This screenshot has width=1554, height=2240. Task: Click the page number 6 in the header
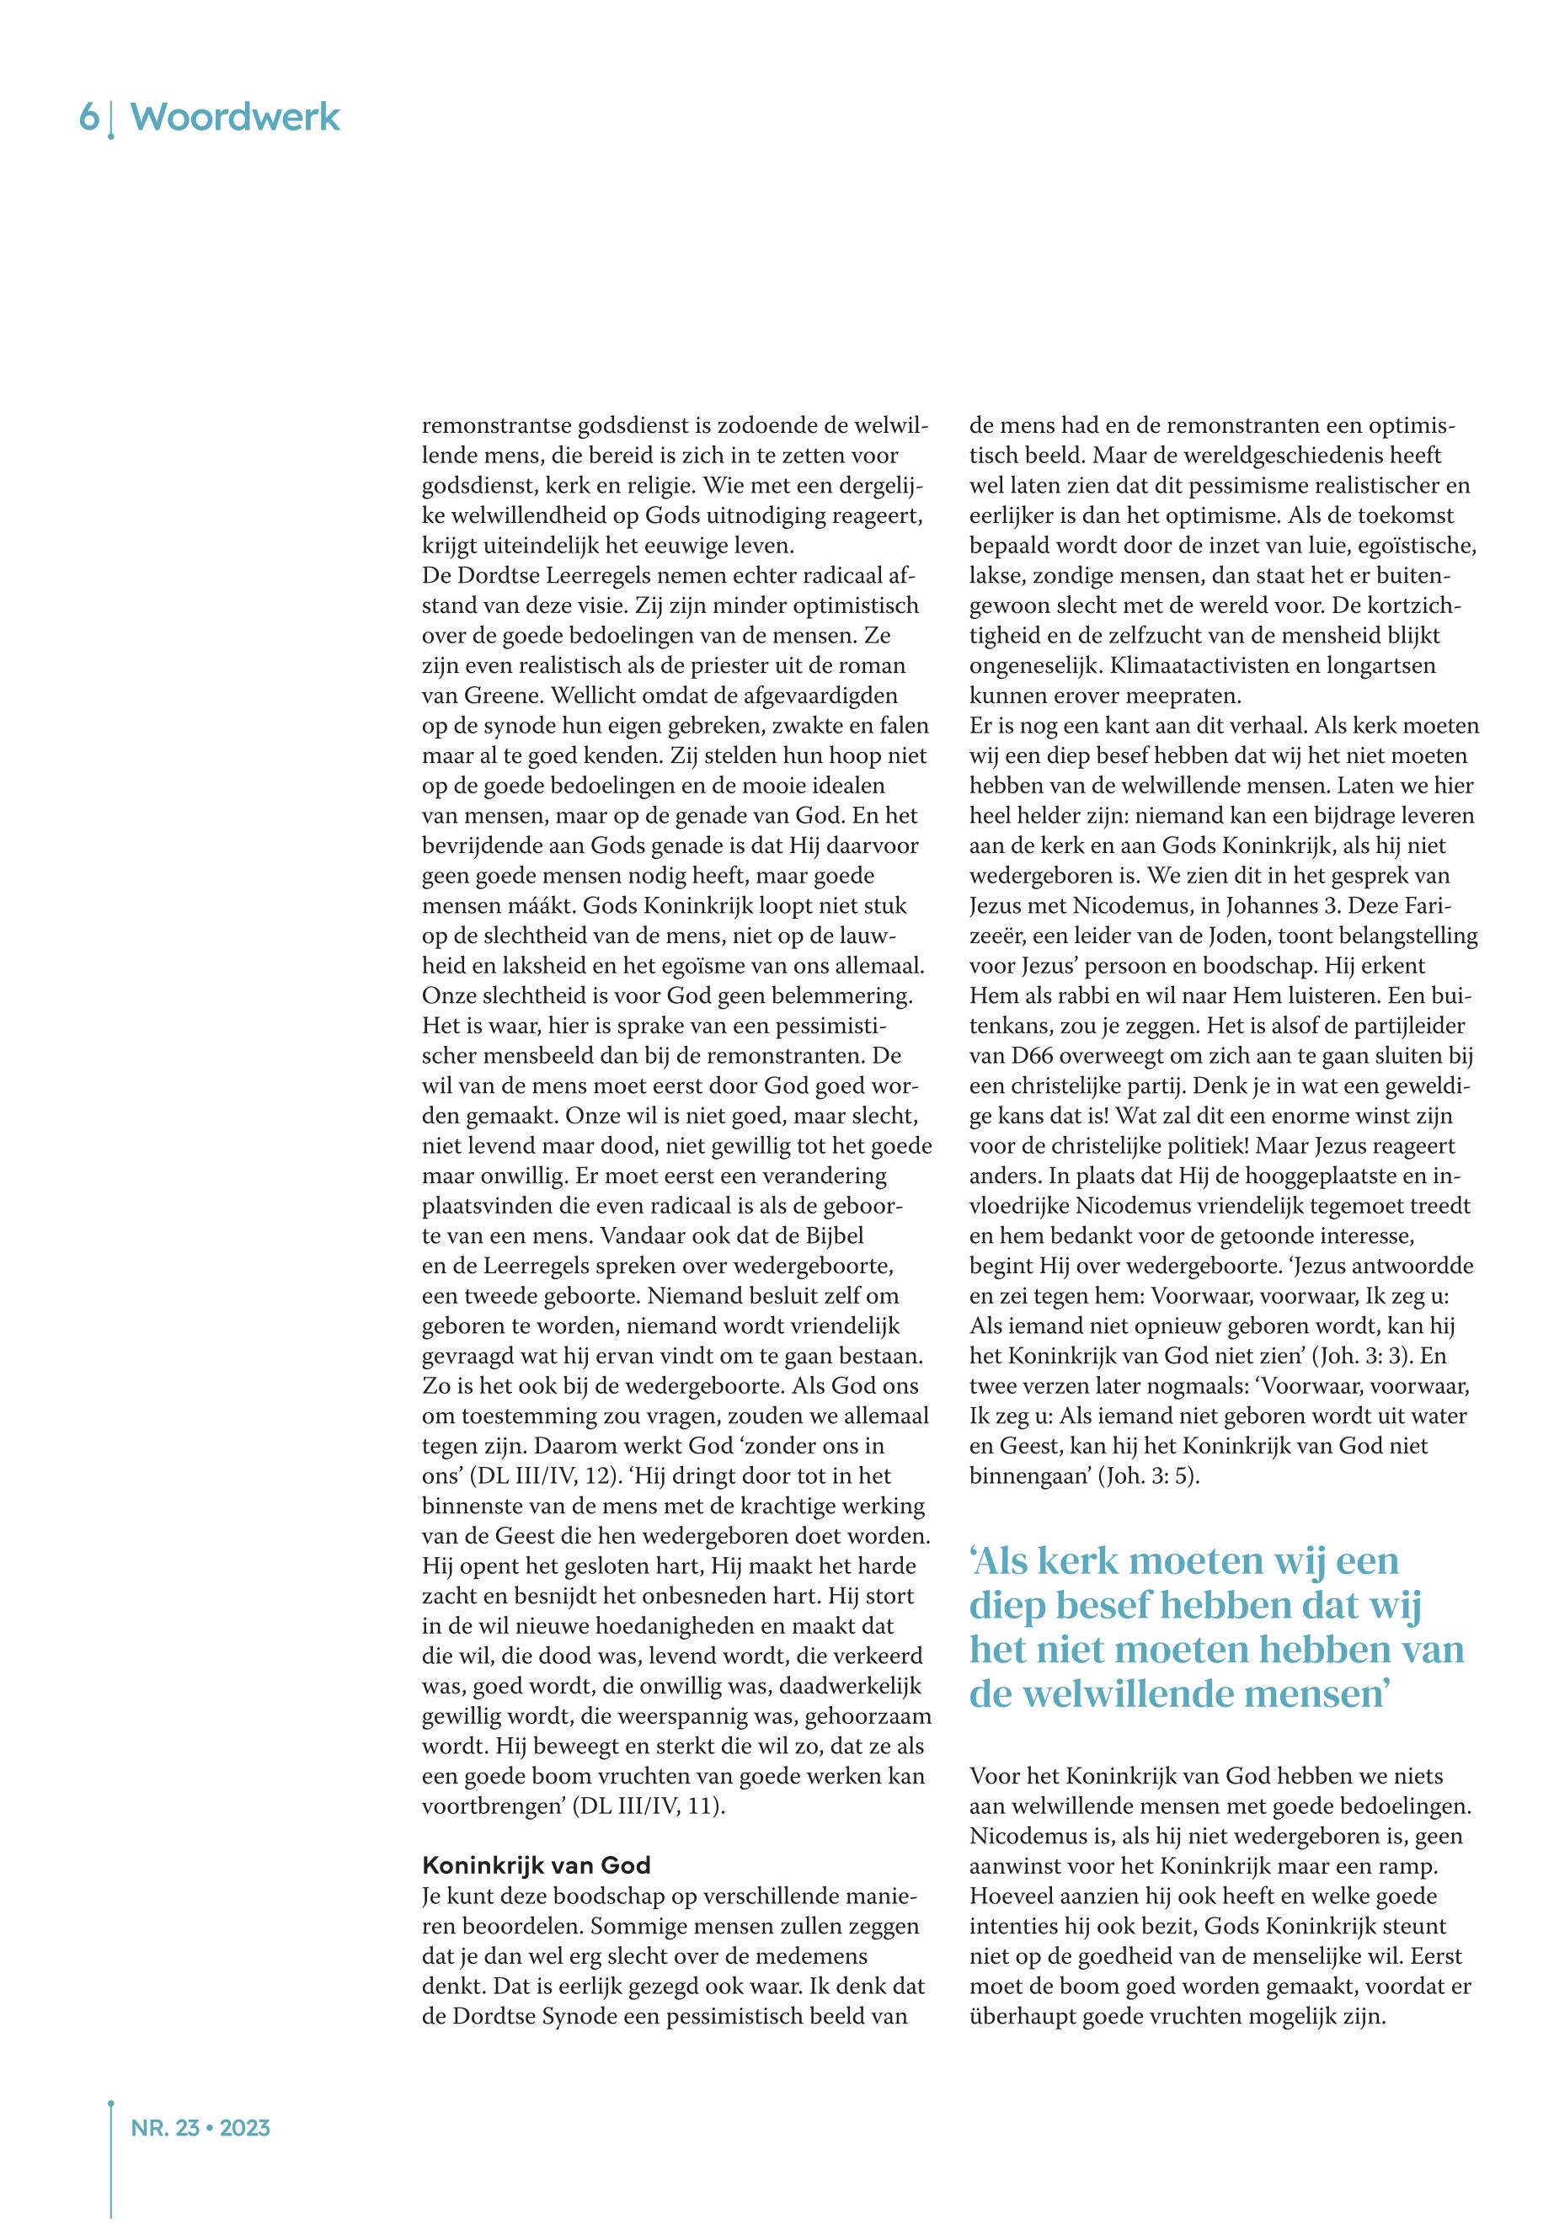coord(88,118)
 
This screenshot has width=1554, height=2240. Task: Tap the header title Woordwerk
coord(235,118)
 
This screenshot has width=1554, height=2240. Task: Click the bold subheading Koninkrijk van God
coord(536,1865)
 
